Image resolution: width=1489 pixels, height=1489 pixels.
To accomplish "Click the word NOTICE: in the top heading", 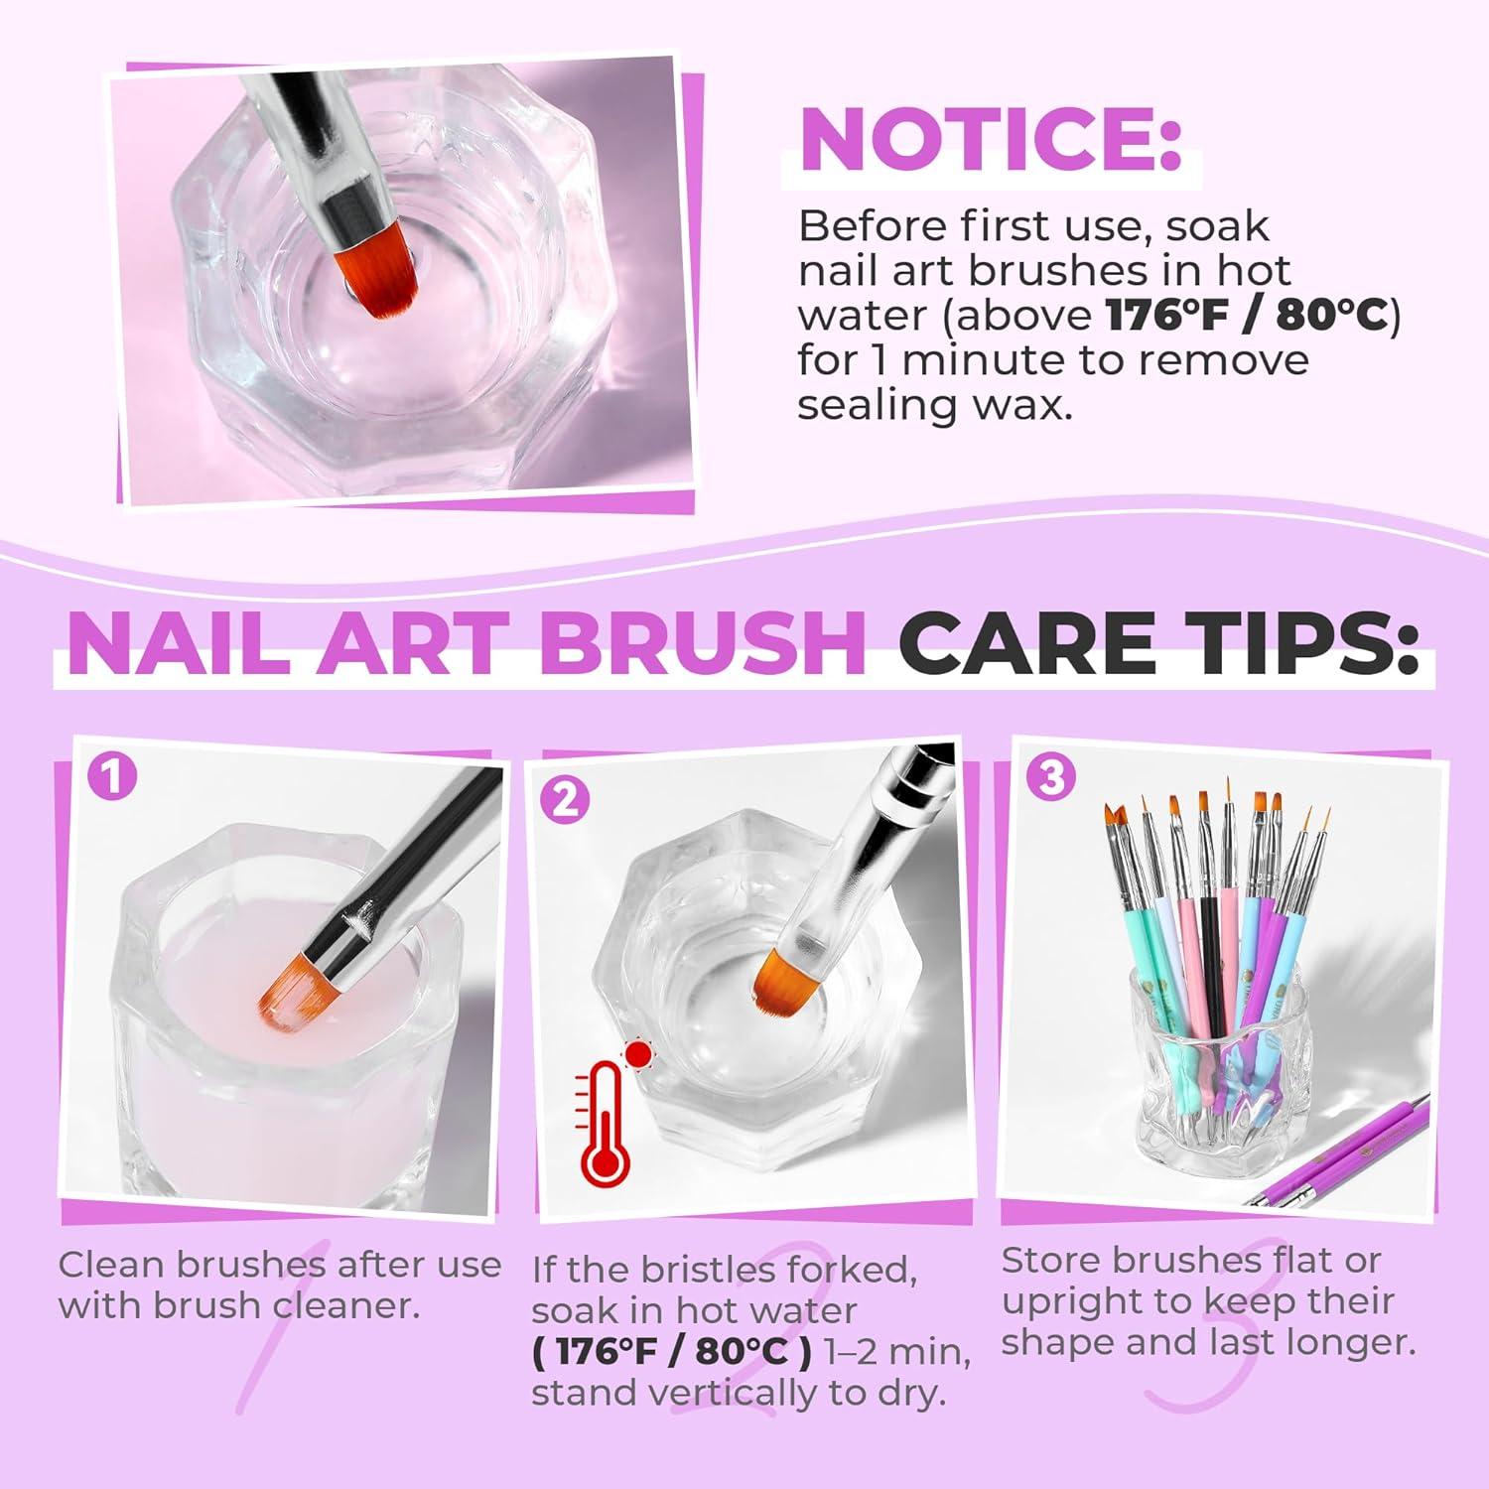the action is (992, 140).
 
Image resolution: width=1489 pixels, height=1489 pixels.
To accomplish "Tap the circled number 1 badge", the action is (111, 776).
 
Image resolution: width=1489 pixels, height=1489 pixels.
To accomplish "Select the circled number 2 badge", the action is (566, 799).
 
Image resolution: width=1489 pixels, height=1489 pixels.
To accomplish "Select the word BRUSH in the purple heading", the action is (703, 644).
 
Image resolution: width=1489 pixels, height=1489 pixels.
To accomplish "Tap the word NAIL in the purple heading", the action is (161, 644).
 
